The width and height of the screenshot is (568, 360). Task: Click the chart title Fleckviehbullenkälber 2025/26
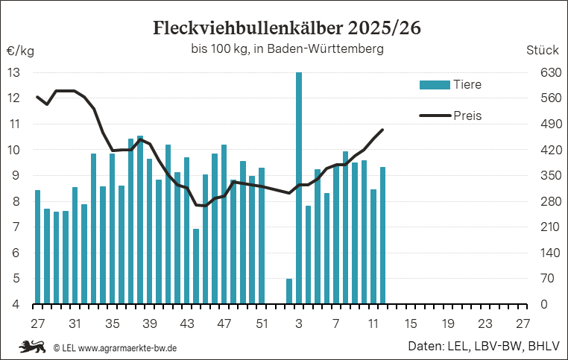tap(286, 28)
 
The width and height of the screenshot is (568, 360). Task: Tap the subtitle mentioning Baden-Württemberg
tap(287, 50)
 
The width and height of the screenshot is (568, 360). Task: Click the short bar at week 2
tap(289, 291)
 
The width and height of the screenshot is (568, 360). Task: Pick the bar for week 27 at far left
tap(37, 247)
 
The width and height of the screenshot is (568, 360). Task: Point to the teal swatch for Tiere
tap(435, 85)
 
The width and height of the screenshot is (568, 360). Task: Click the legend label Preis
tap(467, 116)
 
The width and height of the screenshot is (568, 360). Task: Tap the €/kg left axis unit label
tap(20, 51)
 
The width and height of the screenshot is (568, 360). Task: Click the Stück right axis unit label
tap(542, 51)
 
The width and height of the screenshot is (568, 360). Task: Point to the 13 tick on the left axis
tap(14, 72)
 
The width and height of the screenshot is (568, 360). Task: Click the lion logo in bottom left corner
tap(32, 347)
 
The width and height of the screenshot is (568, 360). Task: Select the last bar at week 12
tap(382, 236)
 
